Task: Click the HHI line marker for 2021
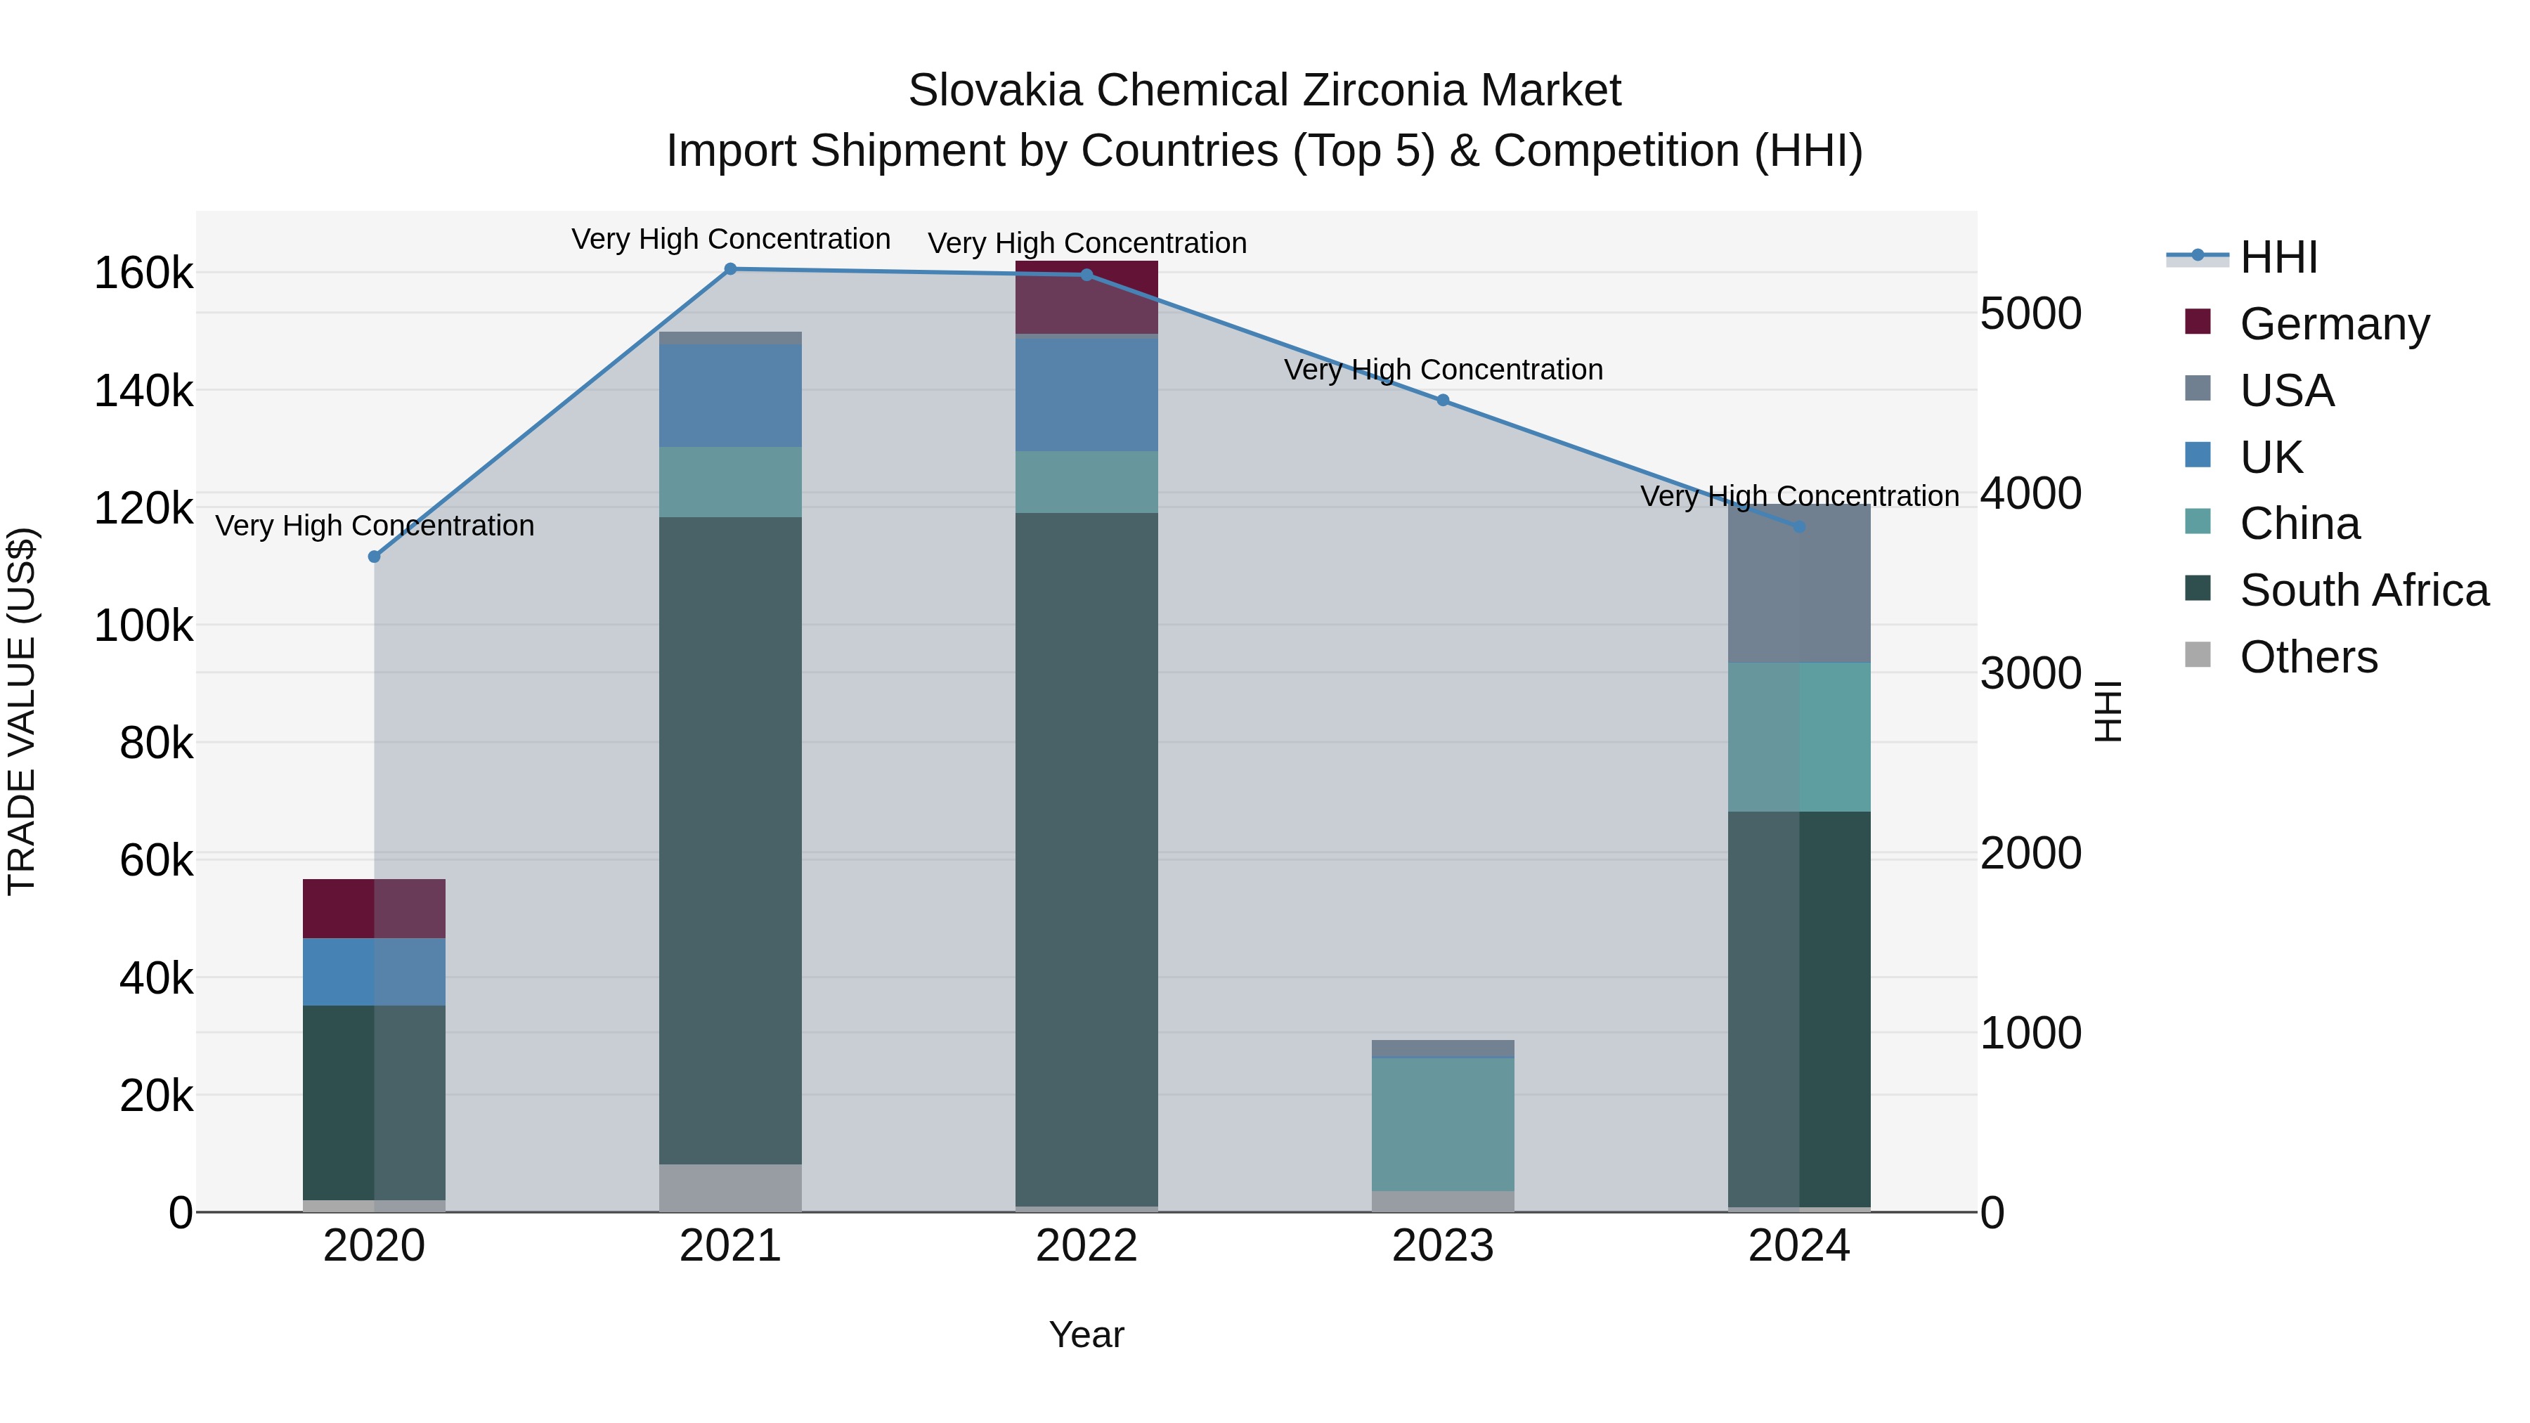[x=729, y=269]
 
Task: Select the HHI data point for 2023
[x=1443, y=401]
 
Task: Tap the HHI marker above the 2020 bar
[x=374, y=557]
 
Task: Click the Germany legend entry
[x=2333, y=324]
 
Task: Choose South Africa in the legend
[x=2363, y=590]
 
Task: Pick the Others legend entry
[x=2308, y=657]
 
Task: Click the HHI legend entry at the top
[x=2278, y=257]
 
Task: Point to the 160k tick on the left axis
[x=143, y=273]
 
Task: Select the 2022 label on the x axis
[x=1086, y=1246]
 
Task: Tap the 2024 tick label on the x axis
[x=1798, y=1246]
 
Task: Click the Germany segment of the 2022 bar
[x=1086, y=297]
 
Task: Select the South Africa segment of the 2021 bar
[x=729, y=840]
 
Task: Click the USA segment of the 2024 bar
[x=1798, y=585]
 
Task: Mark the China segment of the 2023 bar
[x=1443, y=1124]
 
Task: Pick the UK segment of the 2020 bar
[x=374, y=971]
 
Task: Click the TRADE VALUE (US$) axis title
[x=22, y=711]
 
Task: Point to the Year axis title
[x=1086, y=1334]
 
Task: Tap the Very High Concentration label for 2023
[x=1443, y=370]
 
